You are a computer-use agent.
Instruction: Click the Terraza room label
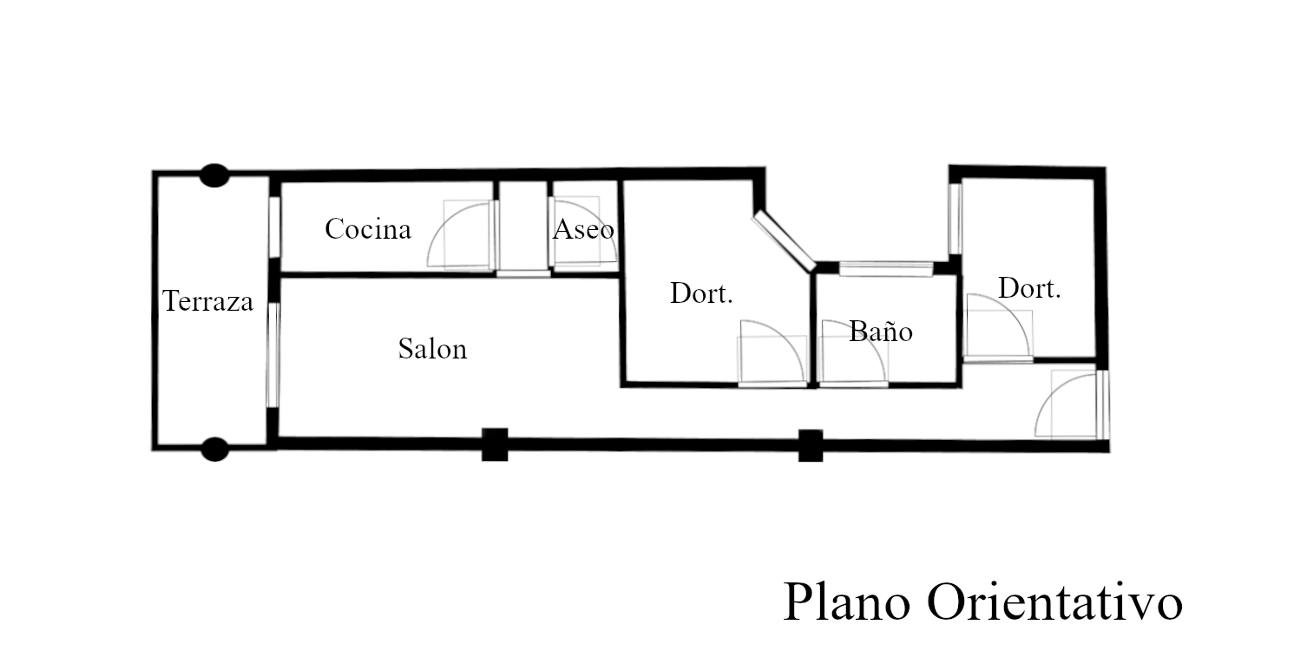[x=208, y=301]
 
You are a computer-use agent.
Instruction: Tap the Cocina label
[x=367, y=229]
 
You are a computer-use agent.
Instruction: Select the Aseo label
[x=583, y=229]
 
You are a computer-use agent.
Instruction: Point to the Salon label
[x=432, y=349]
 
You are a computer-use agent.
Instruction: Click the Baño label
[x=880, y=331]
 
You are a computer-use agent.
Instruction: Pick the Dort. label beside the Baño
[x=701, y=293]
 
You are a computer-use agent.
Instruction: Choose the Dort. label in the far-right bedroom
[x=1029, y=288]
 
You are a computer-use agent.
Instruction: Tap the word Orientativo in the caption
[x=1054, y=602]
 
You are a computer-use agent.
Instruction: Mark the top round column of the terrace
[x=213, y=175]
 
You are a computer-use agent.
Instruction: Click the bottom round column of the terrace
[x=213, y=449]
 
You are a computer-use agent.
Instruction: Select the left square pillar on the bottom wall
[x=495, y=444]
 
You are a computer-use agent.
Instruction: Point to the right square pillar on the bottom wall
[x=810, y=445]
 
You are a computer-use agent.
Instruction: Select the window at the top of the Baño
[x=885, y=268]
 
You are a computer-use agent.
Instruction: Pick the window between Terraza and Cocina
[x=273, y=227]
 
